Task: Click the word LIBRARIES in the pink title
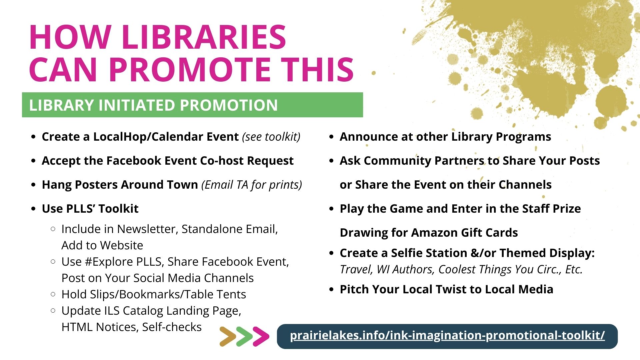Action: (x=204, y=37)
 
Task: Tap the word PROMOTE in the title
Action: (x=190, y=70)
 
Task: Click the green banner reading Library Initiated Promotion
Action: (x=192, y=105)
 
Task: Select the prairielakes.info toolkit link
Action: (x=447, y=335)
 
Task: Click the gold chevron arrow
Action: (x=228, y=336)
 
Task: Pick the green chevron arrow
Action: (x=244, y=336)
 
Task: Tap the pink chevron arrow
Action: (x=261, y=336)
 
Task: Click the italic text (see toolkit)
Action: (x=271, y=137)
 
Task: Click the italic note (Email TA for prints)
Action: (x=252, y=185)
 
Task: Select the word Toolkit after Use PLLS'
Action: (x=118, y=209)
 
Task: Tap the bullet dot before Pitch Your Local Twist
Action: (x=331, y=290)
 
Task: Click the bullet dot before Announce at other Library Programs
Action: (x=331, y=137)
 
